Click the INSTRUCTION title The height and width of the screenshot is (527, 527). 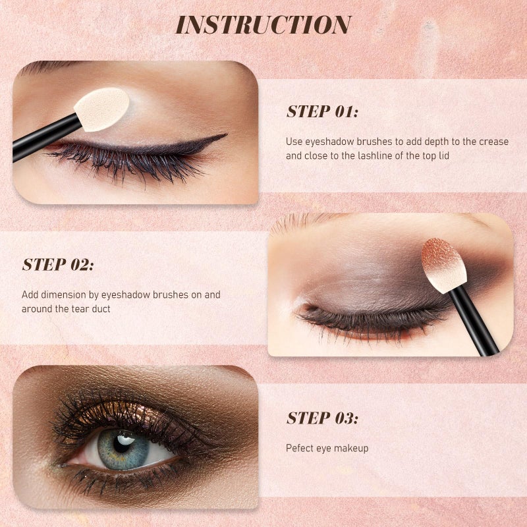point(263,25)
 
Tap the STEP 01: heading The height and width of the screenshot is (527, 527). point(322,111)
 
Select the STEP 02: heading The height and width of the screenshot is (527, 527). point(58,265)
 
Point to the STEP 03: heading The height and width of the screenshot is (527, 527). point(322,418)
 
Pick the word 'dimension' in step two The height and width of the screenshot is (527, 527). point(59,294)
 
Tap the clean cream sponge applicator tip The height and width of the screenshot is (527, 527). point(102,109)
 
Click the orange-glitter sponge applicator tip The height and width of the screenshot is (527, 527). point(439,265)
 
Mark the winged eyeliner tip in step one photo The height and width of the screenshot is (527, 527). point(225,135)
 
